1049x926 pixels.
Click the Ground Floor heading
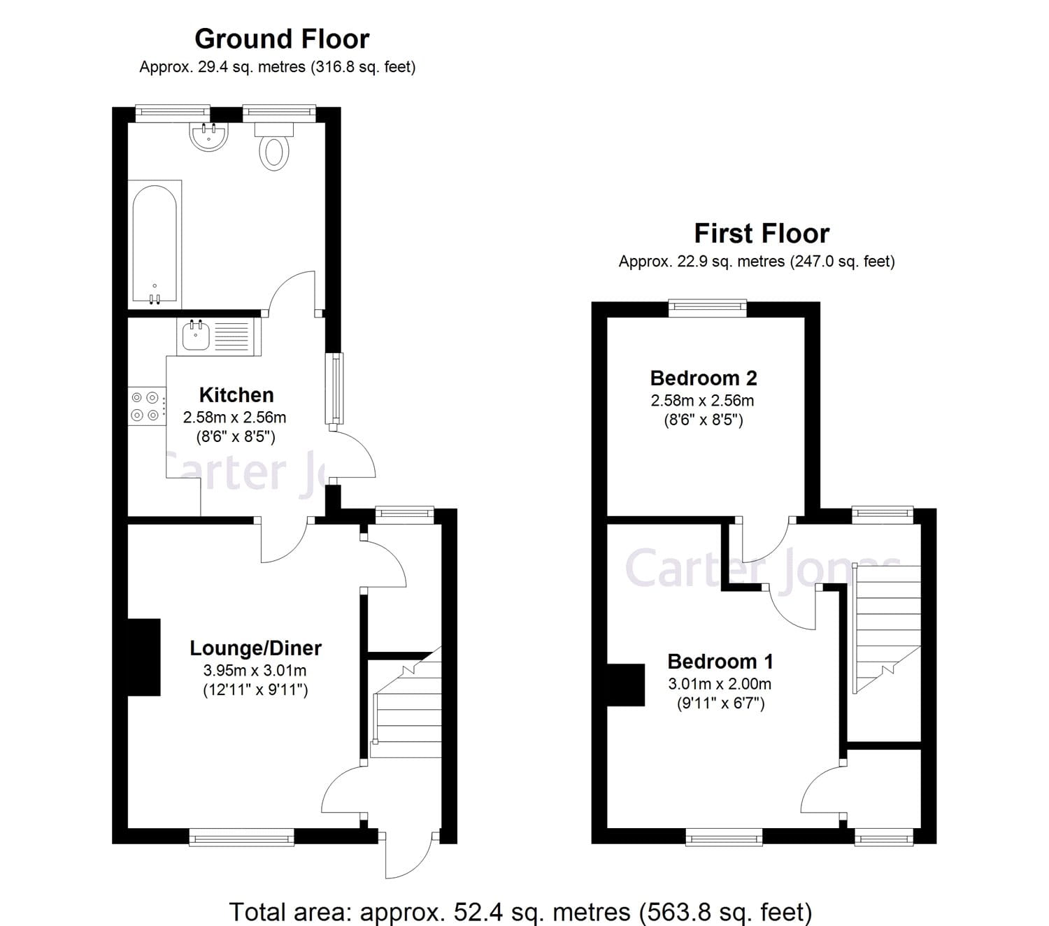282,39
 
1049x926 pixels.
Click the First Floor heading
762,233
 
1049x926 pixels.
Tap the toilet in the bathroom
274,149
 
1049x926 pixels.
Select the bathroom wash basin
208,136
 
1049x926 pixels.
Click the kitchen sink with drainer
220,336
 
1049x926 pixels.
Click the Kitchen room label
236,394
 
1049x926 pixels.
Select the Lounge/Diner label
255,648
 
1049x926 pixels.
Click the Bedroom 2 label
703,378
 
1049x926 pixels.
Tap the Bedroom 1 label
720,661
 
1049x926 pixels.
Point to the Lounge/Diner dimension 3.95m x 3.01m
255,671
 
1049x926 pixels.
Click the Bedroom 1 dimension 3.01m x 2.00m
720,684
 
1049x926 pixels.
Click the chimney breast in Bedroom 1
625,685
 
